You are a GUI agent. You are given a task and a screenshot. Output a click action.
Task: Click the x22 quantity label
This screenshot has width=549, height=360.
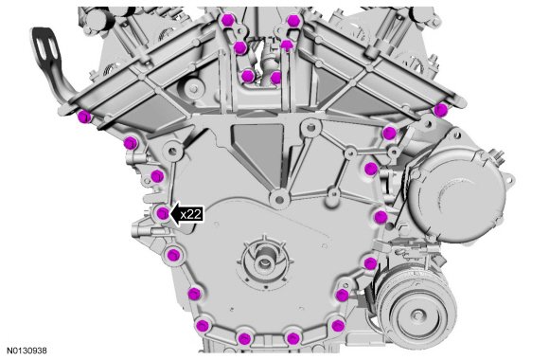pyautogui.click(x=191, y=214)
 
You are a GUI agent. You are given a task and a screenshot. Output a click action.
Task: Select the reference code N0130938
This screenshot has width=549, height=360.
pyautogui.click(x=27, y=351)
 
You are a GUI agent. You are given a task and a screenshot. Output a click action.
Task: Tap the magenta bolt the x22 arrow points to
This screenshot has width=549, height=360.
pyautogui.click(x=163, y=213)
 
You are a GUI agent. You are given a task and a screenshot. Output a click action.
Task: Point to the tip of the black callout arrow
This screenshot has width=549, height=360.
pyautogui.click(x=169, y=214)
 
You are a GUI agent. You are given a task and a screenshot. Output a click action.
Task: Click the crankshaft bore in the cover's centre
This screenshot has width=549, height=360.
pyautogui.click(x=264, y=261)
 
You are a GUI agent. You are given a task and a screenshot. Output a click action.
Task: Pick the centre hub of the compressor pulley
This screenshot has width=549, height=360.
pyautogui.click(x=417, y=315)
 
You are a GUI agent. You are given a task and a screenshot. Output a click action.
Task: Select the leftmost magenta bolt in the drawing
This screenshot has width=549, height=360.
pyautogui.click(x=84, y=117)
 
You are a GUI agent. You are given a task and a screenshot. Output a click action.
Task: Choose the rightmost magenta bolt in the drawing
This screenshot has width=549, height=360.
pyautogui.click(x=440, y=110)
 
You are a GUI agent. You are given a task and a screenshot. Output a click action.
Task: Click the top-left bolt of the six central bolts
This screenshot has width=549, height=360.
pyautogui.click(x=228, y=20)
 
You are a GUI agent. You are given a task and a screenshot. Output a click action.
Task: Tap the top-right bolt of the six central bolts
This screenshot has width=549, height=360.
pyautogui.click(x=292, y=21)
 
